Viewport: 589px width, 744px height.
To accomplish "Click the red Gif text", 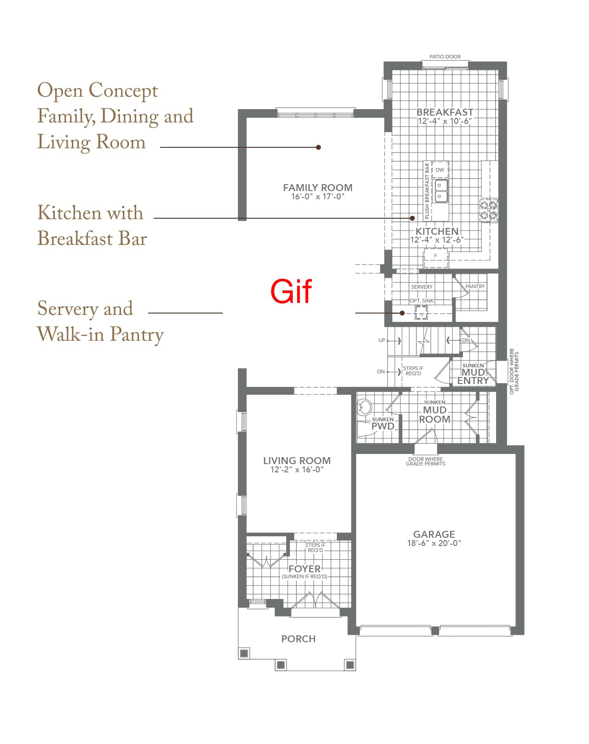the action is (291, 291).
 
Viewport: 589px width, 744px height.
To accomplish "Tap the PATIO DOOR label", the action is (445, 57).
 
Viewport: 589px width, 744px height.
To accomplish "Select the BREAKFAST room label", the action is (445, 112).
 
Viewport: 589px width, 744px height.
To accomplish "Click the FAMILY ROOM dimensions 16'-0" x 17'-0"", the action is (318, 197).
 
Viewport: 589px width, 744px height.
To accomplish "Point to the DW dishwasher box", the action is (440, 170).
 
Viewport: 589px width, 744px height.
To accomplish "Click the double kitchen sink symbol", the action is (441, 191).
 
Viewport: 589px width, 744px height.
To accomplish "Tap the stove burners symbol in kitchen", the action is (488, 210).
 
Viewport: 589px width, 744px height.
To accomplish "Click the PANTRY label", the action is (475, 286).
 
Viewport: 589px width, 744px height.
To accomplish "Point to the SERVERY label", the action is (422, 287).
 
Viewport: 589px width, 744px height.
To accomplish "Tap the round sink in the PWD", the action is (364, 407).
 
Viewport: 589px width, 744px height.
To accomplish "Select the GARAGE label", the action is (434, 534).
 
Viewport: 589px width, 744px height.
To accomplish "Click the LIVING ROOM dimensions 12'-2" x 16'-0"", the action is (297, 470).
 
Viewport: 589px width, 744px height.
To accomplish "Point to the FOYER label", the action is (305, 569).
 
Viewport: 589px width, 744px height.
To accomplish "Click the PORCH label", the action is (298, 639).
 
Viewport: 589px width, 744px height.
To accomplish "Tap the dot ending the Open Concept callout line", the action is (318, 147).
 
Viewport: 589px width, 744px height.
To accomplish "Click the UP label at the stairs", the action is (381, 340).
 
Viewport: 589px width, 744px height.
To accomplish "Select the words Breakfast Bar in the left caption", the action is (92, 238).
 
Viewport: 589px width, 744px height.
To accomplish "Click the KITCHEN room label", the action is (437, 231).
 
